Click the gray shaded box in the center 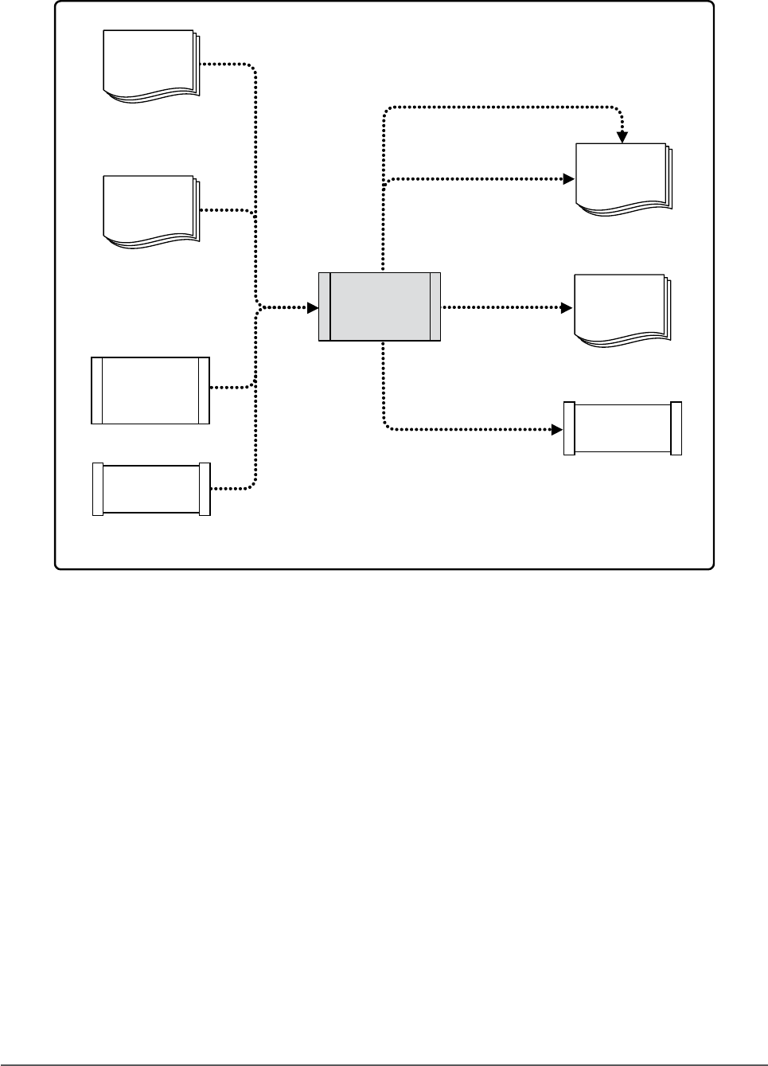click(x=380, y=307)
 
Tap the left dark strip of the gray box click(x=324, y=307)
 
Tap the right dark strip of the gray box click(x=435, y=307)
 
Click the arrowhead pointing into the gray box click(x=312, y=307)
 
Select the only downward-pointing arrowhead click(x=623, y=138)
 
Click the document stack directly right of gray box click(x=622, y=309)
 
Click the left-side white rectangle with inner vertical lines click(x=150, y=390)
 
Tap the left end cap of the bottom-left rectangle click(x=98, y=489)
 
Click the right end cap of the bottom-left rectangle click(x=205, y=489)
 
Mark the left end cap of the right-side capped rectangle click(x=569, y=429)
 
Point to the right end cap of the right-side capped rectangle click(x=676, y=429)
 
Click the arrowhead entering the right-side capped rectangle click(x=557, y=430)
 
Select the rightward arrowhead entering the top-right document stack click(x=568, y=179)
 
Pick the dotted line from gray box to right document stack click(x=501, y=307)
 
